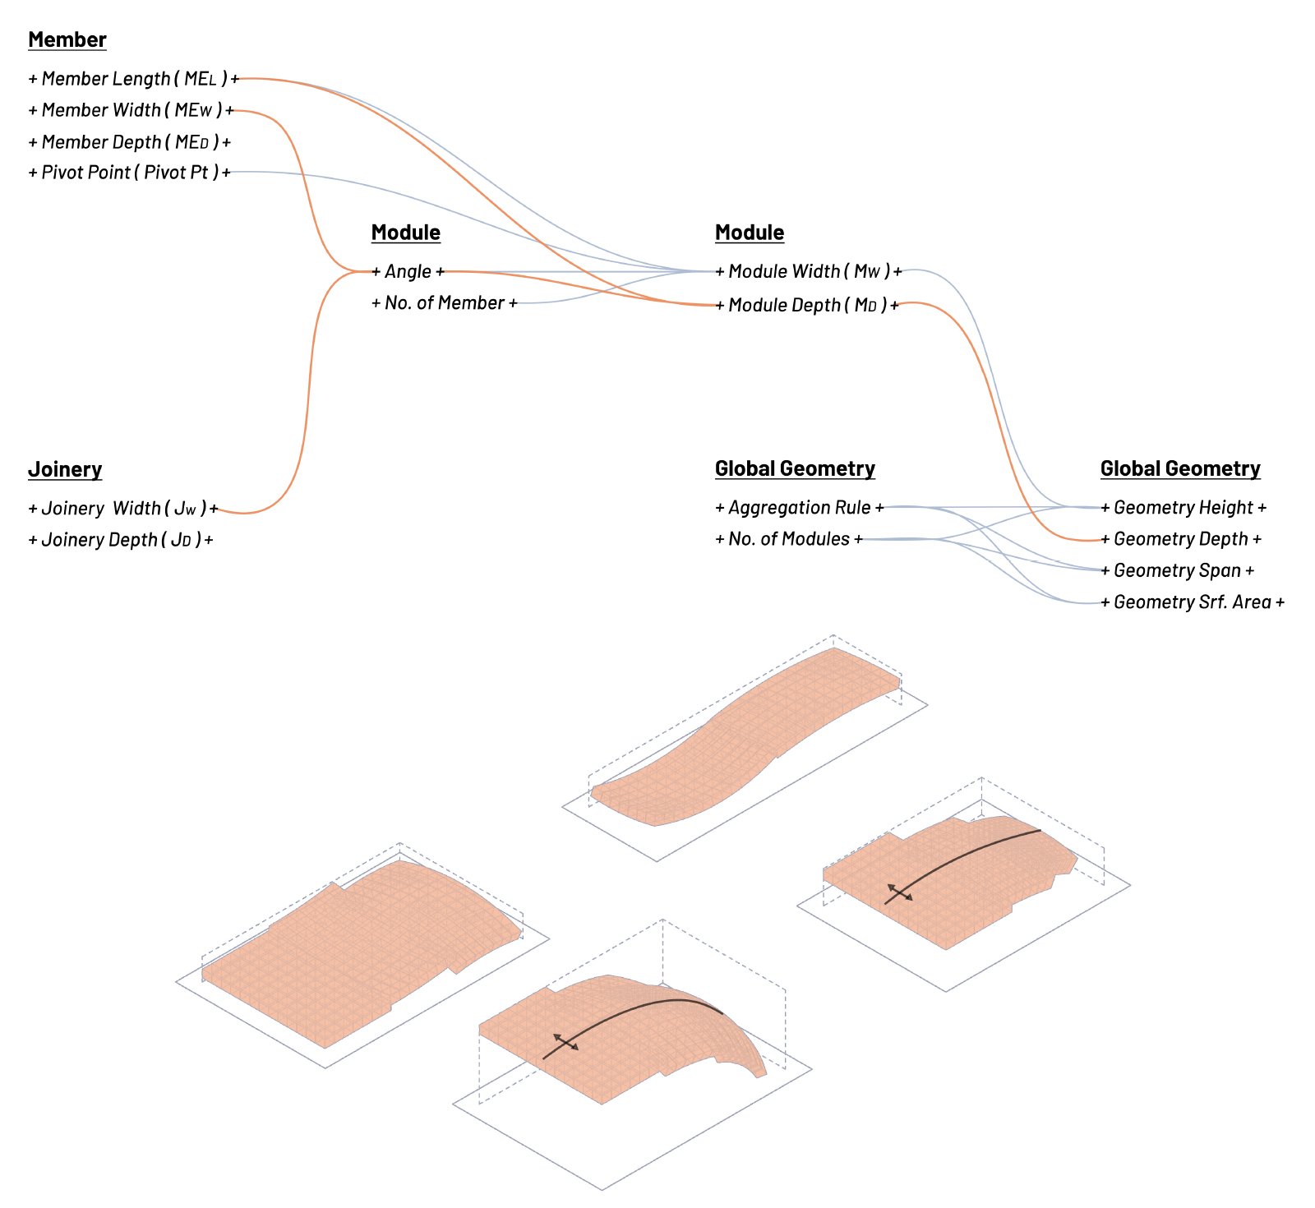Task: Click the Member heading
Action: (67, 39)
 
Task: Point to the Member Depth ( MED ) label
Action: (130, 142)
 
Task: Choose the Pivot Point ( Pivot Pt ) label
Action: (130, 173)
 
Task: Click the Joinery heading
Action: (65, 469)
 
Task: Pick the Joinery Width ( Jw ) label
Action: (123, 509)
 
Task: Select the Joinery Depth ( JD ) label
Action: (121, 540)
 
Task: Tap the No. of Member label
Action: (445, 303)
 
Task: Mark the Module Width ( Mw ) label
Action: (809, 272)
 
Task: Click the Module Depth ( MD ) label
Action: (807, 306)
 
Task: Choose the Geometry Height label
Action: (1183, 508)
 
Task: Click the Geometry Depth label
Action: (1181, 539)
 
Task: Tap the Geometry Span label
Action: (1178, 570)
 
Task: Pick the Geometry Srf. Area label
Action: (1193, 602)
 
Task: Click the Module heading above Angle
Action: (406, 233)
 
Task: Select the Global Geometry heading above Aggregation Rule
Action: (795, 468)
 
